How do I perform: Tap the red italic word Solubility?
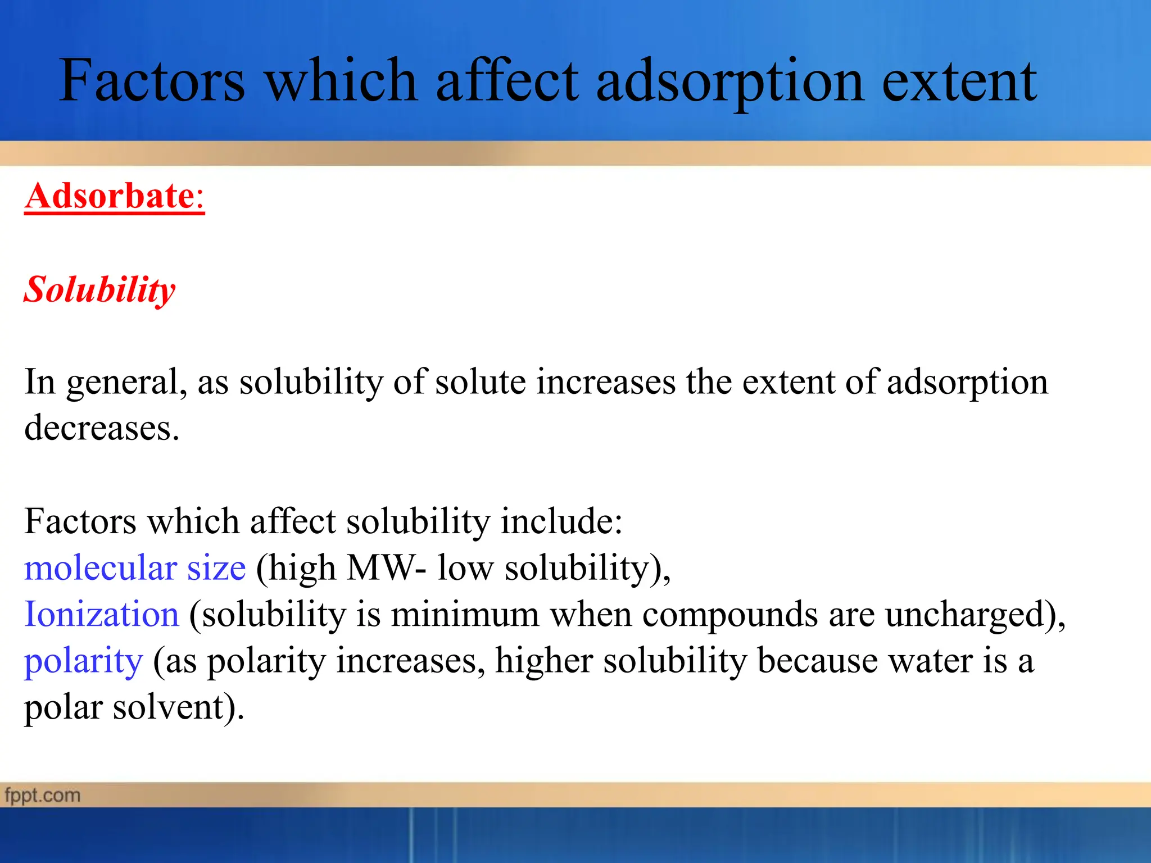[99, 290]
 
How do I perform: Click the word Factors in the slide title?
[152, 81]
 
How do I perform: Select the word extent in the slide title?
[959, 81]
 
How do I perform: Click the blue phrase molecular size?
[135, 568]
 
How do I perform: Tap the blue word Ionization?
[102, 614]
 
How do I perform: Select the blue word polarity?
[83, 662]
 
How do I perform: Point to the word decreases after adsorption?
[101, 428]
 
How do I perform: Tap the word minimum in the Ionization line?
[465, 614]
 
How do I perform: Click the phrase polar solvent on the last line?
[134, 708]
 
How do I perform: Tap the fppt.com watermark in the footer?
[43, 796]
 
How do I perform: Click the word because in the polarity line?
[817, 661]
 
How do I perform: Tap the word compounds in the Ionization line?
[729, 615]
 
